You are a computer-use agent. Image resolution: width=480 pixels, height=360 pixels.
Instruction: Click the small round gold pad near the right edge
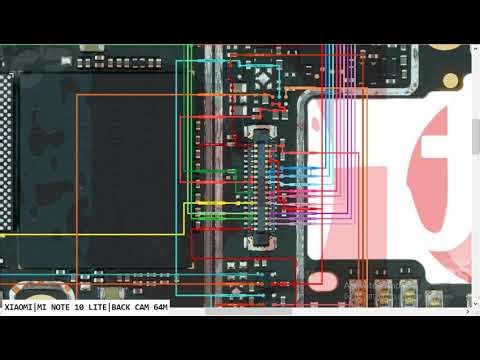pos(450,79)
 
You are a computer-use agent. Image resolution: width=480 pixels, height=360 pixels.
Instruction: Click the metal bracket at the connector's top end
pos(259,132)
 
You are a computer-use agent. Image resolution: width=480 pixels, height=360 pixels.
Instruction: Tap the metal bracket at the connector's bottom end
pos(259,240)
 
